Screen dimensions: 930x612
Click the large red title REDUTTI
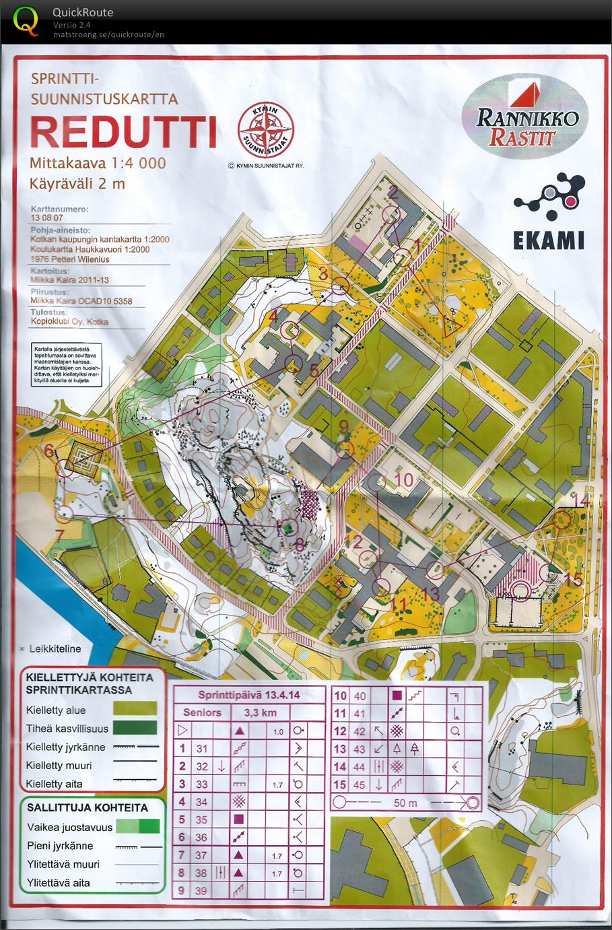tap(123, 133)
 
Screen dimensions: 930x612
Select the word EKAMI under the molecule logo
tap(549, 240)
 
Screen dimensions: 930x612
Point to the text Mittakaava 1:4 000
tap(98, 163)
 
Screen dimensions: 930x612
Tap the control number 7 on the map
tap(59, 537)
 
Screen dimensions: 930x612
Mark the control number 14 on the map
tap(580, 500)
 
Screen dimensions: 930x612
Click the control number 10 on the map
tap(403, 479)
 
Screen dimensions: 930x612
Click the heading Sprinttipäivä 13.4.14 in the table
tap(249, 695)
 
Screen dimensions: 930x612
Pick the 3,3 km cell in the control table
tap(260, 712)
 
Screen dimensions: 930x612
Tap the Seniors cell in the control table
tap(202, 712)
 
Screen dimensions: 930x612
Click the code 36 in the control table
tap(201, 837)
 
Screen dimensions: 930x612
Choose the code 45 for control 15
tap(360, 785)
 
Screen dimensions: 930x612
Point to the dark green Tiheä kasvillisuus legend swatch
tap(136, 728)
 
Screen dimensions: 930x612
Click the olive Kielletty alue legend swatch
tap(136, 709)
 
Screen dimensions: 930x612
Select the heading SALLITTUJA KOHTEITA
tap(88, 807)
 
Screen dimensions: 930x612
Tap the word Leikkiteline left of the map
tap(55, 649)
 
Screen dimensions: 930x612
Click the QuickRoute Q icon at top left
tap(26, 20)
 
